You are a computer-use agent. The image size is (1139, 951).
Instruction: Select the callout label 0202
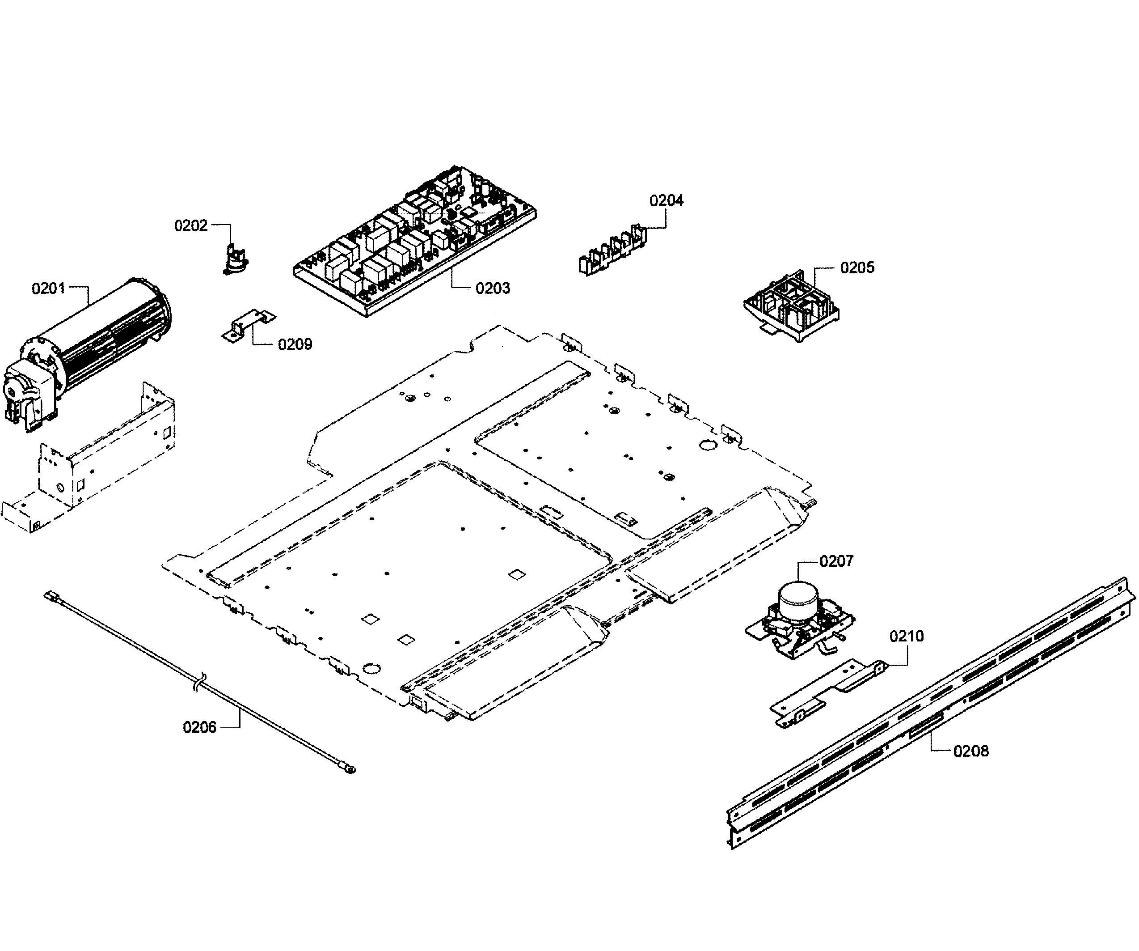click(x=191, y=225)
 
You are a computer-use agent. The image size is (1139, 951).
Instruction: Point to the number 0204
click(x=666, y=200)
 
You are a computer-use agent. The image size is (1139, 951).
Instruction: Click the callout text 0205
click(x=857, y=267)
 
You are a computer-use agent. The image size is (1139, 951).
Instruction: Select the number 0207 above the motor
click(x=836, y=561)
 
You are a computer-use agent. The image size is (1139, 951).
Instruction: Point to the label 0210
click(x=906, y=636)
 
